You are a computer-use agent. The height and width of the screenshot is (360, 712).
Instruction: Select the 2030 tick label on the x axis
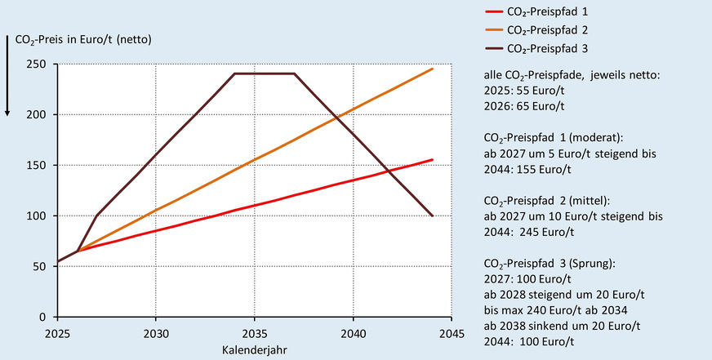[x=155, y=333]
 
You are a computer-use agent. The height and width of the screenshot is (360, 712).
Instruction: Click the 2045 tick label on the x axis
[x=452, y=333]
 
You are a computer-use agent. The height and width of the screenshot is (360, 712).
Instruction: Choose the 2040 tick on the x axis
[x=353, y=333]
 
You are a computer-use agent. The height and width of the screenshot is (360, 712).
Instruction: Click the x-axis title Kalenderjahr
[x=254, y=349]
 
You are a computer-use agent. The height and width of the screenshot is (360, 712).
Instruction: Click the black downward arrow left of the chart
[x=7, y=73]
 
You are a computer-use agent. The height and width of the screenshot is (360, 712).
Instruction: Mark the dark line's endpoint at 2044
[x=432, y=216]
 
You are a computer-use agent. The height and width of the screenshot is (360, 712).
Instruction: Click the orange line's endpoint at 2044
[x=432, y=69]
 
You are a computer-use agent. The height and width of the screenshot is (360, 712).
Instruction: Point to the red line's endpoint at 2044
[x=432, y=160]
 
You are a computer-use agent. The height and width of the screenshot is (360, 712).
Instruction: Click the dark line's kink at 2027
[x=96, y=216]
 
